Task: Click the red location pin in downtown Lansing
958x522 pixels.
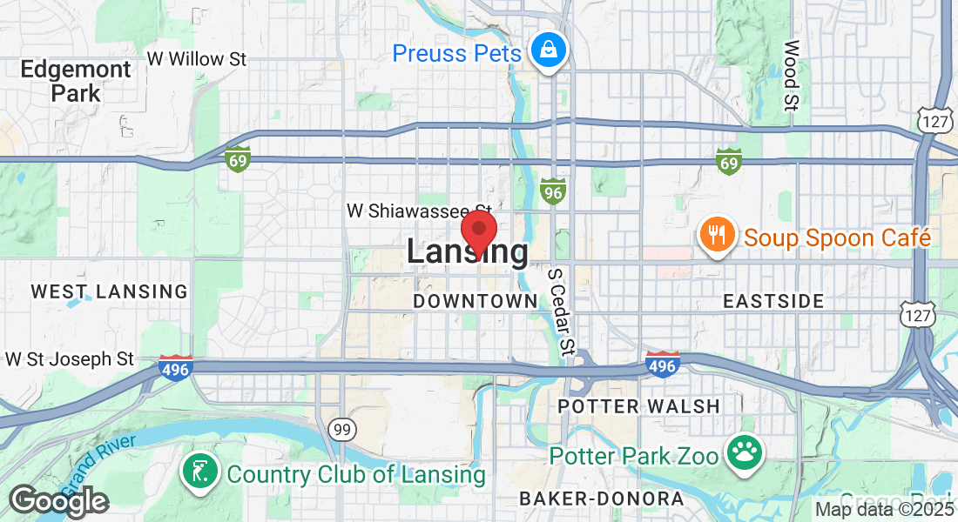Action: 478,232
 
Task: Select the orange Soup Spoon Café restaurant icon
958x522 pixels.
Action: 715,236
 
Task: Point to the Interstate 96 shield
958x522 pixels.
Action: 552,191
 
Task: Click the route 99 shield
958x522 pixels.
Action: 341,428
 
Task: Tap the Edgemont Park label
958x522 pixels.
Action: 75,81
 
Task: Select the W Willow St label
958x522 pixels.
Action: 197,59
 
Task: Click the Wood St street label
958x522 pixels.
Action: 791,76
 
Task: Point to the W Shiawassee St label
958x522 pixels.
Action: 420,211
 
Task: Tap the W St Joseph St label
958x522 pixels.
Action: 70,358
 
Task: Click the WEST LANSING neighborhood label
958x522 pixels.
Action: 110,291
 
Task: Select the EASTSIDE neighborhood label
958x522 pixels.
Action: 774,301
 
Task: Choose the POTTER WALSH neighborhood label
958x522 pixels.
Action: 638,406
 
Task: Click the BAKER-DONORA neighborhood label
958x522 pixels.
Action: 601,499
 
